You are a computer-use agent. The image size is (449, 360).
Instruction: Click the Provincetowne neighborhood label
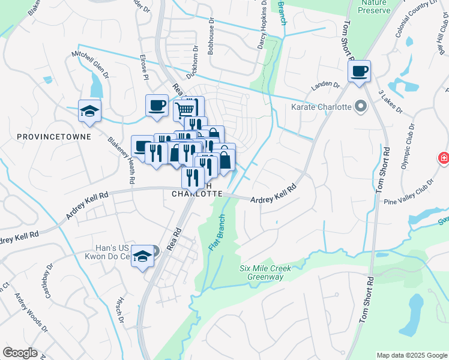coord(54,137)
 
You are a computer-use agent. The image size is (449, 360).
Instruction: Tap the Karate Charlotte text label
coord(321,107)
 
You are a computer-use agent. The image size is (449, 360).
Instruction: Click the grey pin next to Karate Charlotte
coord(360,107)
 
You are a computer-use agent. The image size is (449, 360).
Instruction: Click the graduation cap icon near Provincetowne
coord(89,111)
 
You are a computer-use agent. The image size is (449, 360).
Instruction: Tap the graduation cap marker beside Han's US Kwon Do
coord(143,256)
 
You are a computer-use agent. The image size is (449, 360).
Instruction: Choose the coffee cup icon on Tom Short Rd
coord(359,72)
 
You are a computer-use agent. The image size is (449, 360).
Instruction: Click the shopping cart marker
coord(185,110)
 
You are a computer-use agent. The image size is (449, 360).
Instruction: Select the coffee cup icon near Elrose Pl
coord(157,106)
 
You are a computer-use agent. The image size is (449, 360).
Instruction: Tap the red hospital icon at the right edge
coord(444,158)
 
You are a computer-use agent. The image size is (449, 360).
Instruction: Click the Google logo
coord(20,353)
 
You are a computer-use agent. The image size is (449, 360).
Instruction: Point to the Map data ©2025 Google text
coord(411,355)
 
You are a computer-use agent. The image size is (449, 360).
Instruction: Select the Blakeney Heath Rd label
coord(122,160)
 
